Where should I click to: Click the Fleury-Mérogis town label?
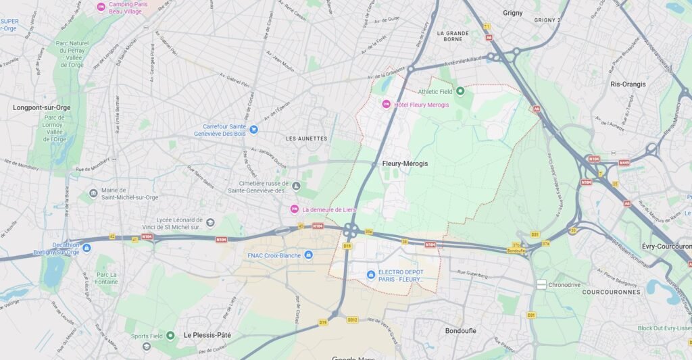click(x=405, y=163)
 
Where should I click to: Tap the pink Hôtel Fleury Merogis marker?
click(x=387, y=104)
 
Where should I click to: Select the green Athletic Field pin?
click(x=460, y=91)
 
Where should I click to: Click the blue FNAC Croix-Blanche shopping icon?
click(x=309, y=255)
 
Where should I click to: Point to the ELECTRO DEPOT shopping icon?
click(x=370, y=274)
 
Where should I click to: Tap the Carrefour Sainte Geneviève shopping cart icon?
click(x=253, y=129)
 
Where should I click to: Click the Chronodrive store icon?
click(x=541, y=285)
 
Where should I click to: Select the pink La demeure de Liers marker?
click(x=294, y=209)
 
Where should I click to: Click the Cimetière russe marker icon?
click(x=296, y=186)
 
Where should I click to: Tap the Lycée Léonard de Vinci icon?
click(x=211, y=223)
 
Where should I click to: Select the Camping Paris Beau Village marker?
click(x=101, y=7)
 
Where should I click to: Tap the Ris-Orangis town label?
click(x=628, y=84)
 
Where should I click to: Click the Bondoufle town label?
click(x=462, y=331)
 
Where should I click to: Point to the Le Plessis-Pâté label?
click(x=207, y=335)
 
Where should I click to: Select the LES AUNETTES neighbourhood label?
click(x=306, y=138)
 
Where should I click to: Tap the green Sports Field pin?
click(x=170, y=335)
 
